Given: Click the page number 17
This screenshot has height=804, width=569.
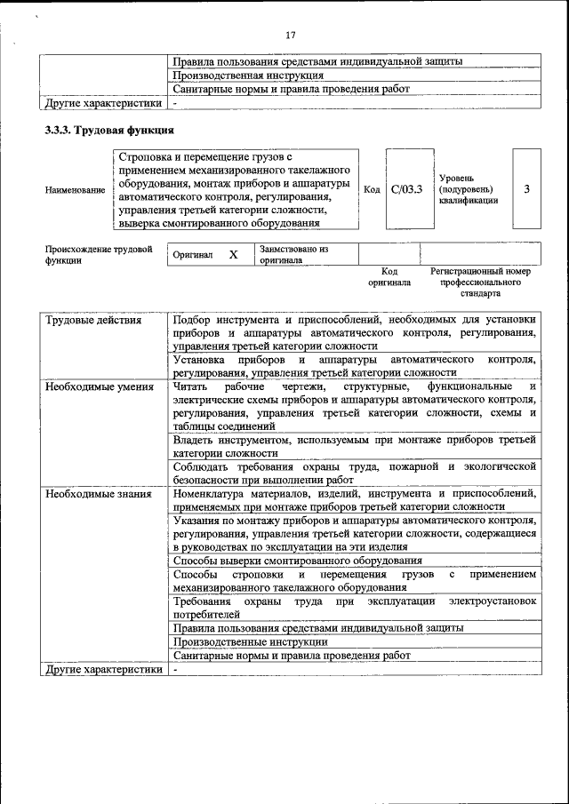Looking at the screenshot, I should [290, 36].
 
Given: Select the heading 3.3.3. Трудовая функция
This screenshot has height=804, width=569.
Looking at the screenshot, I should [109, 131].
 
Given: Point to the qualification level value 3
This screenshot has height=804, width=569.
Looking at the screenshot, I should [527, 189].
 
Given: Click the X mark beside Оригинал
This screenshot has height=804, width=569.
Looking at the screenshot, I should [233, 255].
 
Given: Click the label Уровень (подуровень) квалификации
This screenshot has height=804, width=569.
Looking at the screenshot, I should [468, 189].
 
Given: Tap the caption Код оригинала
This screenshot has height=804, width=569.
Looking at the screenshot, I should [389, 276].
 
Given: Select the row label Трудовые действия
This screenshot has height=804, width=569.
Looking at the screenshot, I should [93, 320].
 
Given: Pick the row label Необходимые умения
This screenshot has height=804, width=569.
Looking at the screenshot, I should [100, 386].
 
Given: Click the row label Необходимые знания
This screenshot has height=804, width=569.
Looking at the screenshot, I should [99, 493].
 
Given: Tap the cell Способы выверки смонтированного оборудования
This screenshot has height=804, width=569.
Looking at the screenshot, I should [297, 561].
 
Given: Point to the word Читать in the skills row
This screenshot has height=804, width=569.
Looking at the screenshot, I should [190, 386].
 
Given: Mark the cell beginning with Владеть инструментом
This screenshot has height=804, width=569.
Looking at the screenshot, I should [355, 446].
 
